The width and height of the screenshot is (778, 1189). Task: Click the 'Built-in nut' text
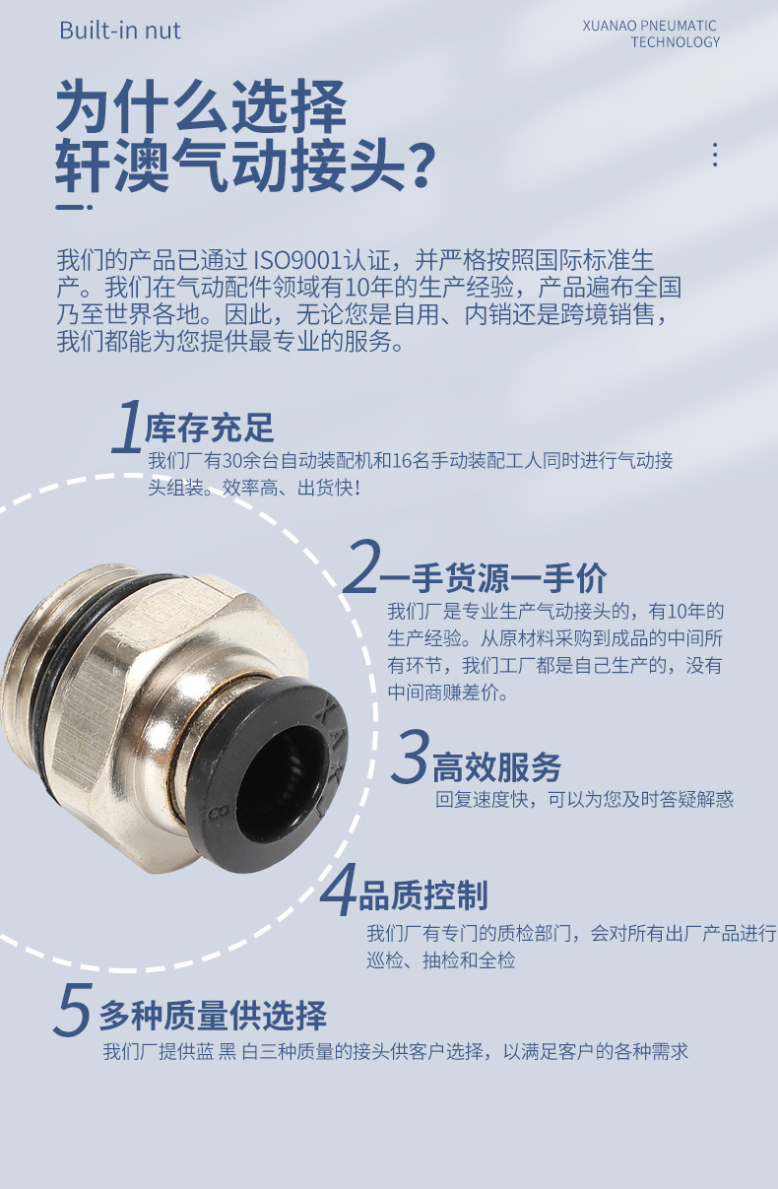click(x=120, y=31)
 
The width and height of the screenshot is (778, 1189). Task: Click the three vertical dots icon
click(x=715, y=155)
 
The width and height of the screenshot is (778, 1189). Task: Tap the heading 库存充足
click(x=209, y=429)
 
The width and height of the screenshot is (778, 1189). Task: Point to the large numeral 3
click(x=410, y=758)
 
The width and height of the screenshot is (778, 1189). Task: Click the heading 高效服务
click(x=497, y=766)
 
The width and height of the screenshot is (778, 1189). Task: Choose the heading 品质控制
click(x=422, y=895)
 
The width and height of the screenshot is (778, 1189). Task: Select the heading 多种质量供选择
click(x=213, y=1015)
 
